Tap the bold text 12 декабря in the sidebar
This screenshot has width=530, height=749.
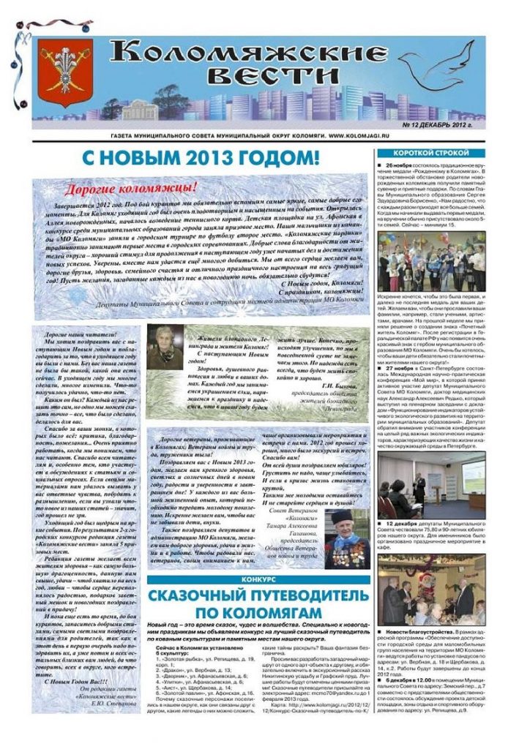coord(405,524)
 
